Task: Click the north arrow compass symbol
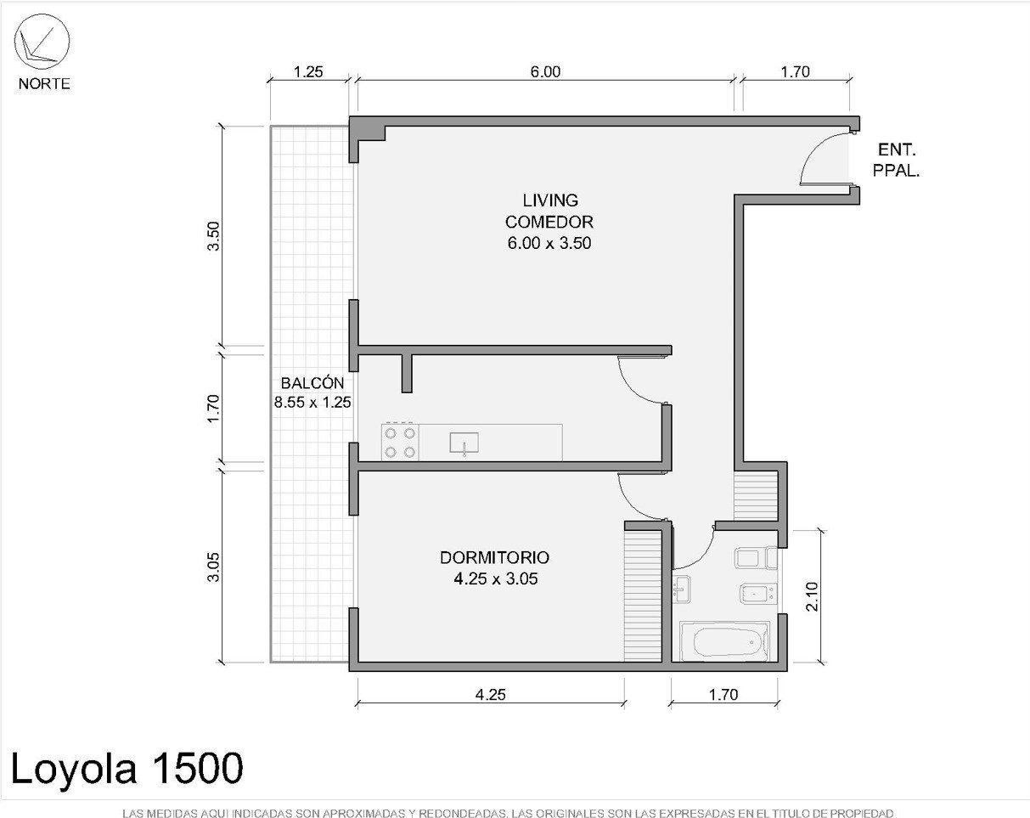point(42,42)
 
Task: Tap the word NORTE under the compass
point(44,84)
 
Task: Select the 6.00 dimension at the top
point(545,72)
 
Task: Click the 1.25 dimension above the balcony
point(308,72)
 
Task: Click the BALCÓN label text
point(312,382)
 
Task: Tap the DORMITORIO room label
point(494,557)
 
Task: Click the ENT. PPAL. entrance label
point(896,160)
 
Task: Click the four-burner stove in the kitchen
point(400,443)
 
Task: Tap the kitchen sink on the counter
point(464,443)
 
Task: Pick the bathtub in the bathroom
point(724,642)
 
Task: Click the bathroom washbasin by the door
point(681,589)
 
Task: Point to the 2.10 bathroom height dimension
point(812,596)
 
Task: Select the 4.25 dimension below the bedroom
point(490,695)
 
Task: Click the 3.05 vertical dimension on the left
point(213,567)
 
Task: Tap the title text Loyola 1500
point(127,768)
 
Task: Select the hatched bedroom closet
point(643,596)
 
